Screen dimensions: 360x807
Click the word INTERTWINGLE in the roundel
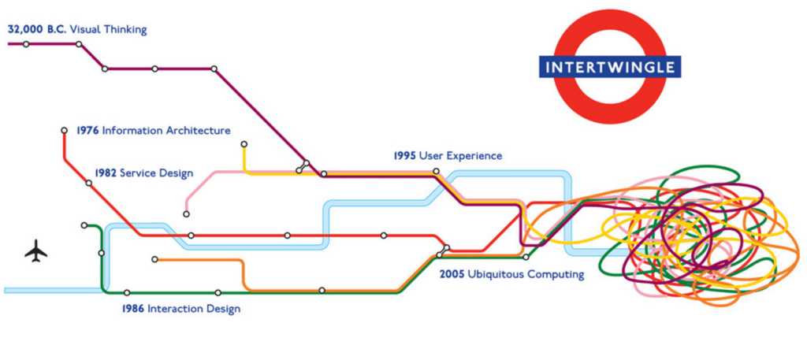point(611,67)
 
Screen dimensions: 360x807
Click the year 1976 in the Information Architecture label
point(87,131)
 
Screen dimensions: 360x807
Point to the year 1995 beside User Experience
point(404,156)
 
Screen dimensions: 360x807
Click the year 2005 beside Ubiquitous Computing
point(452,275)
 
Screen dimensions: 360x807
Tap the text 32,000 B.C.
point(37,30)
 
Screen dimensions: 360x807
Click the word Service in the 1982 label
point(139,173)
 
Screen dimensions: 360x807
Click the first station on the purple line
point(26,44)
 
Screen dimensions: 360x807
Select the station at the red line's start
point(65,130)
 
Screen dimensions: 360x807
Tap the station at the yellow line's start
point(244,144)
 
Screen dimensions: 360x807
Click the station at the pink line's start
point(187,213)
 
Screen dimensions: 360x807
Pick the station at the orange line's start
point(155,259)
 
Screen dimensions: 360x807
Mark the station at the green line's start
point(84,225)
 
